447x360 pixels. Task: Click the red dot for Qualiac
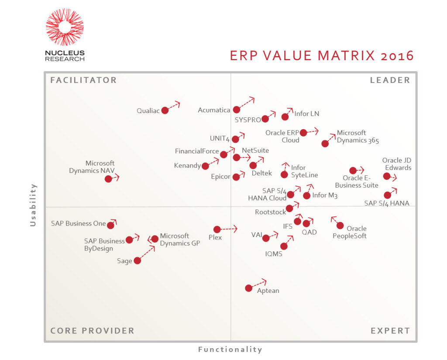[x=165, y=110]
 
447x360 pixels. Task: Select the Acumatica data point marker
[x=236, y=110]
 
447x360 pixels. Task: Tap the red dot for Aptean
[x=248, y=288]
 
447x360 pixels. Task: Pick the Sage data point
[x=137, y=261]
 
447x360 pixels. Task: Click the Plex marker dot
[x=217, y=229]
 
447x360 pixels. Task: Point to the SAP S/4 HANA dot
[x=387, y=195]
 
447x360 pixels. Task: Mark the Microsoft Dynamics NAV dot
[x=108, y=178]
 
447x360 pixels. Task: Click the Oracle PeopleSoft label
[x=350, y=232]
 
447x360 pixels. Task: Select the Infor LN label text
[x=306, y=114]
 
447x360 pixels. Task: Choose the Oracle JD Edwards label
[x=397, y=164]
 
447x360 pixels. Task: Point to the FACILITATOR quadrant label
[x=83, y=80]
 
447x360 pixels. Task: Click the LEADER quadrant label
[x=390, y=80]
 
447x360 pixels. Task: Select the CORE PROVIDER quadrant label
[x=92, y=331]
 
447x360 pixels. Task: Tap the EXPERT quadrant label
[x=390, y=331]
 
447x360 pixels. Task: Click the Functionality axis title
[x=230, y=350]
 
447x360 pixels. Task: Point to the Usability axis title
[x=33, y=205]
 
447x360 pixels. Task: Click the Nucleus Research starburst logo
[x=65, y=27]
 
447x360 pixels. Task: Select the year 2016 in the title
[x=396, y=56]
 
